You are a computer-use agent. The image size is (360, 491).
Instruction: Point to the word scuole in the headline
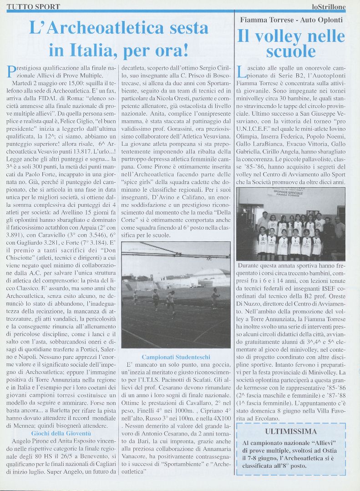click(291, 52)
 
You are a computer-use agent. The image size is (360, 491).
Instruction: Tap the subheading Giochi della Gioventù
click(61, 433)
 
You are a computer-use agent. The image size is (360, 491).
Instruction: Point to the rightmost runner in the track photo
click(215, 297)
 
